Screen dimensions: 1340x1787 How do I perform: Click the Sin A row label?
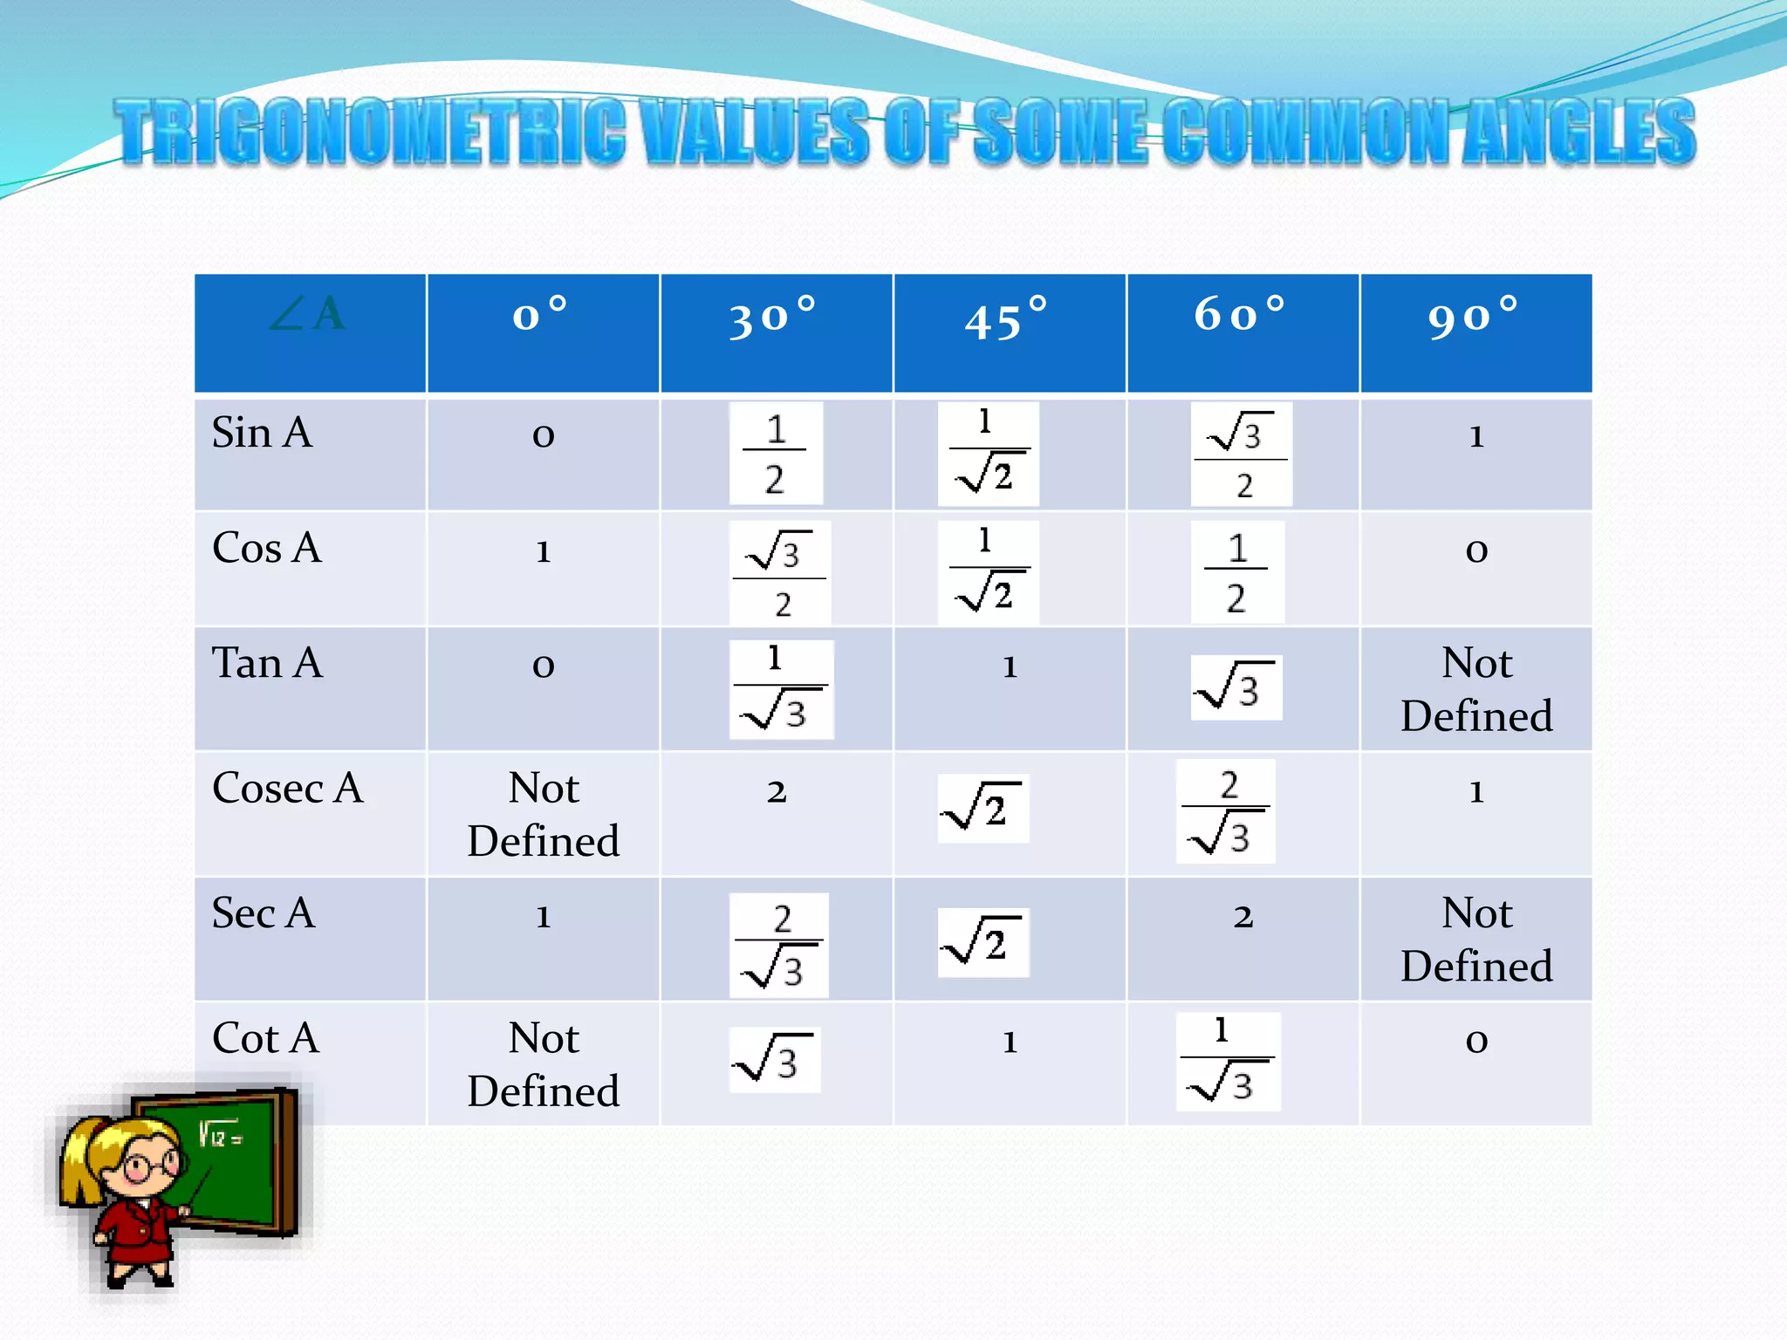262,433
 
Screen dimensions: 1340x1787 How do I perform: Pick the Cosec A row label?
287,788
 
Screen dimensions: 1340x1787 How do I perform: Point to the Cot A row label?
266,1038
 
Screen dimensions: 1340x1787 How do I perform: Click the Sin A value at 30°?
775,454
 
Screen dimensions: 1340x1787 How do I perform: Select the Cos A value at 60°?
1236,572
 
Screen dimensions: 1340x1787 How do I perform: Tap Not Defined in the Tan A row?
1476,689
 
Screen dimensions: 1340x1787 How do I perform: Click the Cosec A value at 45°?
983,808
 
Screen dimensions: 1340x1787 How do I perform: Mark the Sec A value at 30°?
778,946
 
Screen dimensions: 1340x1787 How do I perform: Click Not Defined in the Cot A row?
543,1064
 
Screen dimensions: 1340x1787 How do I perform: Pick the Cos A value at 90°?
1476,550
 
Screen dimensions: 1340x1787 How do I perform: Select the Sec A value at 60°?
1243,917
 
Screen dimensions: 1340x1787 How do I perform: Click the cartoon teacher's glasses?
144,1166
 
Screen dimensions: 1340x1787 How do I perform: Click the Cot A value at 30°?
775,1061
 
